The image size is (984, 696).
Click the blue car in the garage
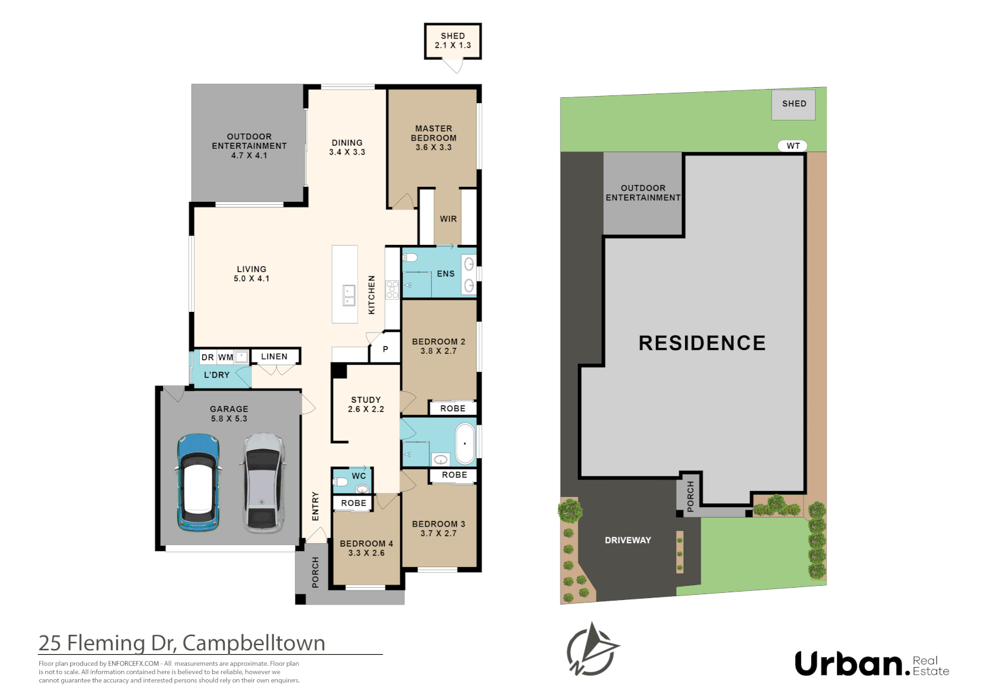tap(198, 482)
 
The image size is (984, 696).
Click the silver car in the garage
tap(263, 483)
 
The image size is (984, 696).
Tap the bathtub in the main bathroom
tap(465, 444)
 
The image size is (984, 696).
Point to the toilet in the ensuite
tap(409, 258)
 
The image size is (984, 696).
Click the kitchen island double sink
tap(349, 296)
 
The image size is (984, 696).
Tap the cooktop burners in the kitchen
tap(392, 290)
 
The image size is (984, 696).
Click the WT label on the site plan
tap(793, 146)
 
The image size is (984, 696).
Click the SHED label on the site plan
tap(795, 104)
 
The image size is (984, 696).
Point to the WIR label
tap(448, 219)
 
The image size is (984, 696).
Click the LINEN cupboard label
tap(274, 356)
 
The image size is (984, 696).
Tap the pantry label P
tap(385, 349)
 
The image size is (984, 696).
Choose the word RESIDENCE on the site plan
tap(702, 343)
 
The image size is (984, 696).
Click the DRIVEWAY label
tap(628, 541)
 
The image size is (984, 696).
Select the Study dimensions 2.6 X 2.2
tap(366, 409)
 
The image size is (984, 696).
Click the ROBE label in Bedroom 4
tap(354, 503)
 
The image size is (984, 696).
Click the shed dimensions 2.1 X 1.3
tap(453, 45)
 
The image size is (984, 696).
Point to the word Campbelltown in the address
tap(253, 643)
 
